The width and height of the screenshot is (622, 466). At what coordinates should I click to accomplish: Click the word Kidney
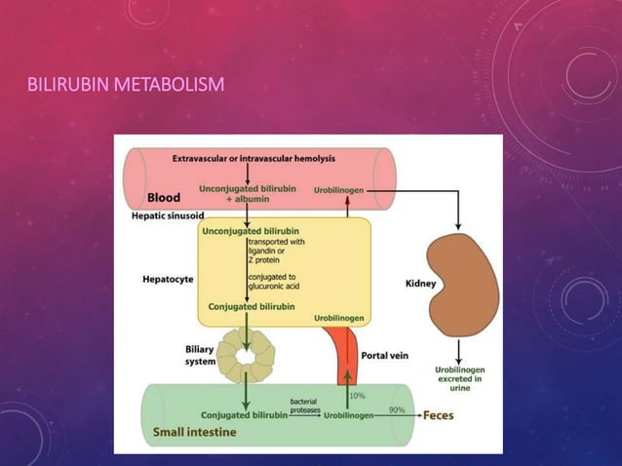(420, 284)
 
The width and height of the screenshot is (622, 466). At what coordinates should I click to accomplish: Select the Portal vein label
(384, 356)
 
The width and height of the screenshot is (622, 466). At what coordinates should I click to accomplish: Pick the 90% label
(397, 410)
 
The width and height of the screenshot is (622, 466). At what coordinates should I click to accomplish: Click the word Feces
(438, 414)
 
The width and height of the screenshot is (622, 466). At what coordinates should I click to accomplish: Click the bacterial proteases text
(302, 406)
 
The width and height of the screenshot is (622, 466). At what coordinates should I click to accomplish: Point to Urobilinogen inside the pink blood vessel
(340, 189)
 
